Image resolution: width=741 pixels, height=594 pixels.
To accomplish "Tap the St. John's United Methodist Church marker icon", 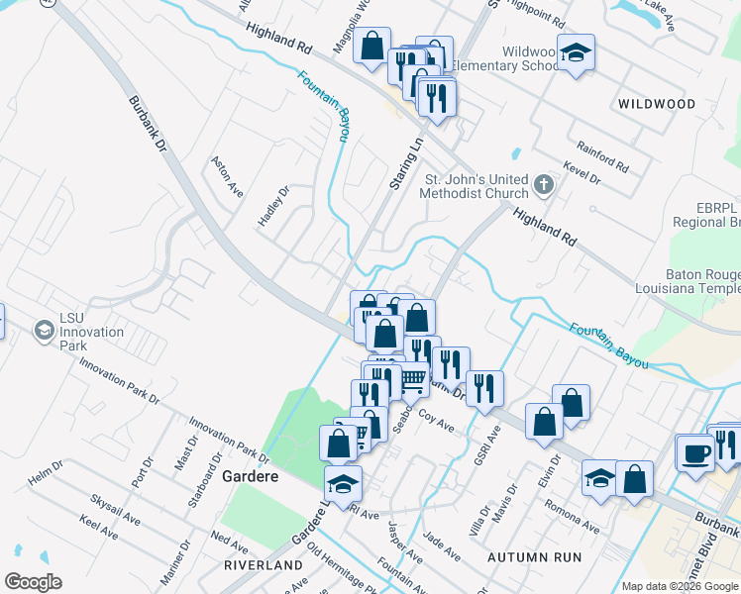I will pyautogui.click(x=543, y=184).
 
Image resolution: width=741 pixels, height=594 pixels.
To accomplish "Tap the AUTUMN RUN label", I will pyautogui.click(x=534, y=557).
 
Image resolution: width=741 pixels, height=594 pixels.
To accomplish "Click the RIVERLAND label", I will pyautogui.click(x=264, y=564).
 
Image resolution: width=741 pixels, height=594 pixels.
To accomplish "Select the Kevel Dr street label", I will pyautogui.click(x=581, y=174).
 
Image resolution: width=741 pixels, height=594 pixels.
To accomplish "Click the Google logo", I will pyautogui.click(x=33, y=582).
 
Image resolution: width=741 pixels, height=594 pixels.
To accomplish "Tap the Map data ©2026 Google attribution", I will pyautogui.click(x=680, y=586).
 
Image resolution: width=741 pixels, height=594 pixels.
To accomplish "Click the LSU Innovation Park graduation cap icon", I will pyautogui.click(x=44, y=328).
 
